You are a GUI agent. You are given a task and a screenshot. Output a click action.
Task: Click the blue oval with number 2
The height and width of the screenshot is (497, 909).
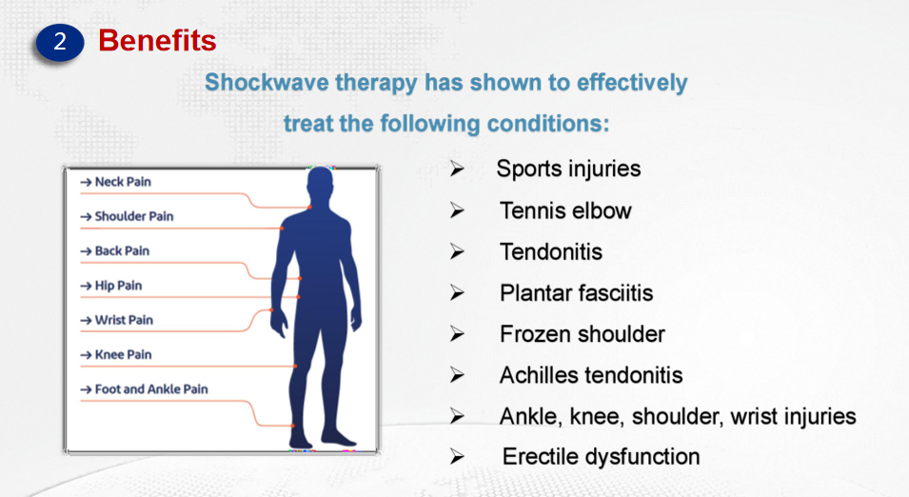click(x=60, y=42)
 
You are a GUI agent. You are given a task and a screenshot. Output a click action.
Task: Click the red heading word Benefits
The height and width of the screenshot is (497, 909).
click(x=157, y=41)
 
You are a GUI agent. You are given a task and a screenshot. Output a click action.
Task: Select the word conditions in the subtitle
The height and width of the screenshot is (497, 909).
click(x=548, y=124)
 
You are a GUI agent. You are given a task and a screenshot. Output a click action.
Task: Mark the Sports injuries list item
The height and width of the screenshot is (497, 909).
click(x=568, y=169)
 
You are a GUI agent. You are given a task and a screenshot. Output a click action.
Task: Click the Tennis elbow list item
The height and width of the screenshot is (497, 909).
click(x=565, y=210)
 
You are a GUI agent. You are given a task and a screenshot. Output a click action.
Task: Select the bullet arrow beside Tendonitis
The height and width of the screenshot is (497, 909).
click(x=458, y=251)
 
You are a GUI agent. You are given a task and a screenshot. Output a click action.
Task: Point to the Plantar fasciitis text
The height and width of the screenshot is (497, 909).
click(x=576, y=293)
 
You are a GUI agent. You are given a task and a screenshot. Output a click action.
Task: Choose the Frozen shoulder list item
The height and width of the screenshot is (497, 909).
click(x=582, y=334)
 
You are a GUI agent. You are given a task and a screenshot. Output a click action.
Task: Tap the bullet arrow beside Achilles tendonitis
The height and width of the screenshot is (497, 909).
click(x=458, y=375)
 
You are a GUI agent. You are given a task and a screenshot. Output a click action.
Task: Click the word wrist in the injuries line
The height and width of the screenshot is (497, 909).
click(x=754, y=416)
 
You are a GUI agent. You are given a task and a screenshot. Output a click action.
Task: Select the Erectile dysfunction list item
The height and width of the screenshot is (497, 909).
click(x=602, y=457)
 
